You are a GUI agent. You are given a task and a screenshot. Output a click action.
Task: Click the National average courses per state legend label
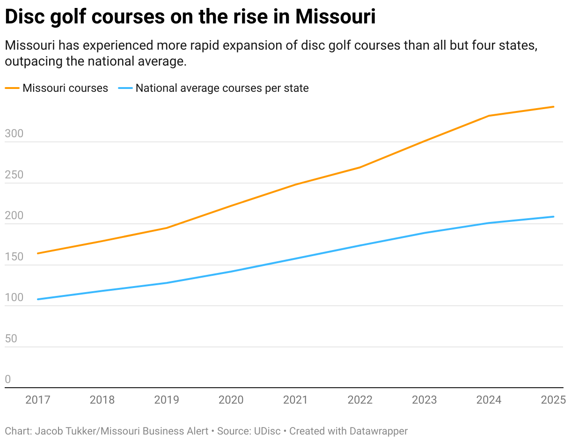pos(222,88)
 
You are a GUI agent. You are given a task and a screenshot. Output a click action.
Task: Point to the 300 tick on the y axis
pos(14,134)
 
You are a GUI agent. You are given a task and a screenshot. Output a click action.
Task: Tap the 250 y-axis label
pos(14,175)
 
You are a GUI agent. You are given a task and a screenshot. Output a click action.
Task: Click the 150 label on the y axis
pos(14,257)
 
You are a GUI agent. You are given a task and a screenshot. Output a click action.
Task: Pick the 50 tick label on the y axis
pos(11,339)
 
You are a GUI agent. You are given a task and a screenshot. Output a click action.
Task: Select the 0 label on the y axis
pos(7,380)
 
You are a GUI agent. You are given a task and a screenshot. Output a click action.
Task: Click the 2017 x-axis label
pos(37,400)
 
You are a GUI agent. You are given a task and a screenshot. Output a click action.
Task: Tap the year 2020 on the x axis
pos(231,400)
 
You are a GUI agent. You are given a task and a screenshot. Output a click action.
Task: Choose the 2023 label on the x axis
pos(424,400)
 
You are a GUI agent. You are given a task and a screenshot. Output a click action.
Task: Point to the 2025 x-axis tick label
pos(553,400)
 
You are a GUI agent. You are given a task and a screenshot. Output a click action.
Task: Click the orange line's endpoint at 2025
pos(554,107)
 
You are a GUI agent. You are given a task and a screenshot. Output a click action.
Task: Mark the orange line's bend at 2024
pos(489,116)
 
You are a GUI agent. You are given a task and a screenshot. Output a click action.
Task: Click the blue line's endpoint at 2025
pos(554,217)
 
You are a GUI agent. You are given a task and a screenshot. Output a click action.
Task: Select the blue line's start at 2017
pos(37,299)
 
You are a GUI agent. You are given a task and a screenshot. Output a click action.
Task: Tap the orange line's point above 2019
pos(167,228)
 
